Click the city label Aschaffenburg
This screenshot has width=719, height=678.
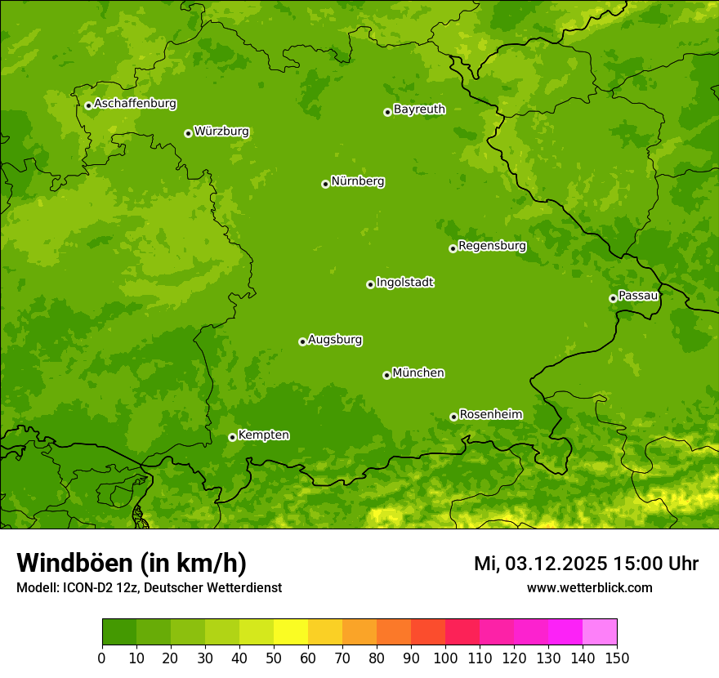click(135, 104)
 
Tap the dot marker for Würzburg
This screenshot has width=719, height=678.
click(188, 133)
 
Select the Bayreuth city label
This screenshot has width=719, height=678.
click(419, 109)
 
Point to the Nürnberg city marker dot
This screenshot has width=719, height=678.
click(325, 184)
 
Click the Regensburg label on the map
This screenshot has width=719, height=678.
click(492, 246)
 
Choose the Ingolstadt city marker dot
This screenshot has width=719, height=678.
click(370, 284)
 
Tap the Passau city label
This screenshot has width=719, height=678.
click(638, 296)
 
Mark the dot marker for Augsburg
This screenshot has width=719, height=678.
click(302, 341)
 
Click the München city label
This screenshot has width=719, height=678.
click(418, 373)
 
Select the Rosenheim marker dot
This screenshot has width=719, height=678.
click(453, 417)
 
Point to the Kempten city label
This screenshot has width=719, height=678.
click(263, 435)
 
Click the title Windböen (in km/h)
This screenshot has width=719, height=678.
click(132, 563)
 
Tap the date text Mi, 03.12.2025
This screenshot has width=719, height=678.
click(540, 564)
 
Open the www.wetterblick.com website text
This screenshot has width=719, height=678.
click(589, 587)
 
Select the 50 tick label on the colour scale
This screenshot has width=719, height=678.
click(274, 658)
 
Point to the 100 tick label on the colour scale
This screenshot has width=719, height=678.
click(445, 658)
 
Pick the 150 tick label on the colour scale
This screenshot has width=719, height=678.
click(617, 658)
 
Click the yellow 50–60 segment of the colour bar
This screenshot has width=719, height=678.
click(291, 632)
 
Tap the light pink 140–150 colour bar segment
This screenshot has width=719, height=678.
click(600, 632)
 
